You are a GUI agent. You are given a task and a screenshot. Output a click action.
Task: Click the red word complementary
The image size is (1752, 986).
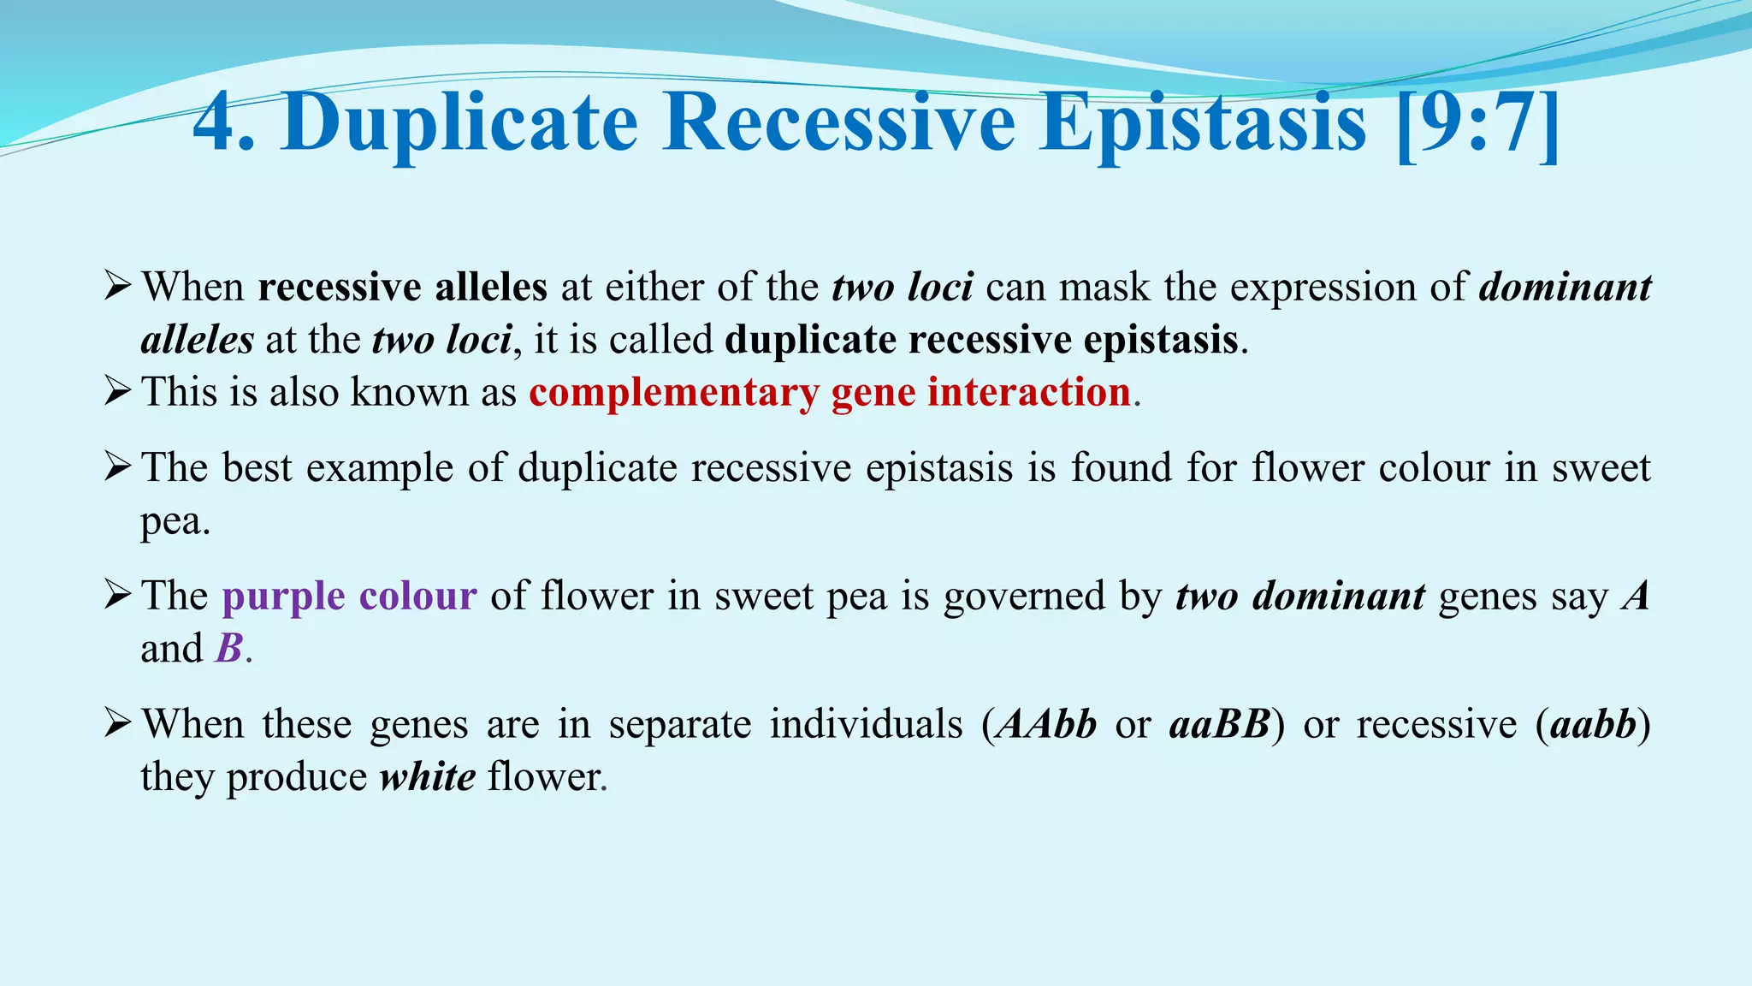[673, 393]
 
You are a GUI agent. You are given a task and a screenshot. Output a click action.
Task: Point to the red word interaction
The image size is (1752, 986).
[1029, 392]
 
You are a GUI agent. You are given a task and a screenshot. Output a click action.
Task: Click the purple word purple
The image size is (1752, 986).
[283, 597]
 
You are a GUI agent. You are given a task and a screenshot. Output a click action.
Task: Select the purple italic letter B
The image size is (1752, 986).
[229, 648]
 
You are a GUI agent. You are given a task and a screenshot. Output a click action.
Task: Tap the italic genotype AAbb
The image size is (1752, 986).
[1047, 724]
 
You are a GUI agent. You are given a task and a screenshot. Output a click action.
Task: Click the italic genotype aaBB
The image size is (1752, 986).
[1219, 724]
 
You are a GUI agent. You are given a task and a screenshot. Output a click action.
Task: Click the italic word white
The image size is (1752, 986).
[428, 777]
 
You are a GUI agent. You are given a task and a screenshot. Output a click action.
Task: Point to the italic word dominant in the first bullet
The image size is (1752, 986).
[1565, 288]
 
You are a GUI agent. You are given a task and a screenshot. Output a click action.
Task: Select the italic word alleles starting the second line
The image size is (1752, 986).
[197, 340]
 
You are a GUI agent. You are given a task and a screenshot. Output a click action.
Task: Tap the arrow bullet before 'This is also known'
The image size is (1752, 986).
[117, 392]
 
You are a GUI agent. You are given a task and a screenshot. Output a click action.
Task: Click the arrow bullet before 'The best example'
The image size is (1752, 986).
[117, 467]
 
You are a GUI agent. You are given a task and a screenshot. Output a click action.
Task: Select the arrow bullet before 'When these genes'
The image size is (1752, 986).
[117, 724]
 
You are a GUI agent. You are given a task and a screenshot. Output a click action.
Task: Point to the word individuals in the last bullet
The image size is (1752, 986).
[866, 724]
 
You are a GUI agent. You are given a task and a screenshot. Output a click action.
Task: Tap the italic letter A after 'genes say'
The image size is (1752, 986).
[1635, 596]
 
